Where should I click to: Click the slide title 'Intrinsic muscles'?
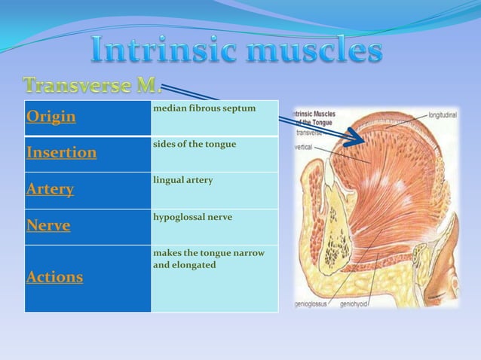[236, 51]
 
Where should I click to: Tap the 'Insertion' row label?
[61, 153]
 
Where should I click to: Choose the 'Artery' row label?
[50, 189]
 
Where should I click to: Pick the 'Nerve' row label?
[48, 225]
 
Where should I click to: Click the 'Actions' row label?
[54, 277]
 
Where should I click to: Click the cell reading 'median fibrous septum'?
[204, 109]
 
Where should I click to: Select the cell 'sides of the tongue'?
[195, 145]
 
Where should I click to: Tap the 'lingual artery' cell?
[182, 181]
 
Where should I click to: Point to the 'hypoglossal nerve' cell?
[192, 217]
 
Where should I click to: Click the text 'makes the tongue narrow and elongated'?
[208, 259]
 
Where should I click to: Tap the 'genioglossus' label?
[312, 305]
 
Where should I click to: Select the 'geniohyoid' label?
[355, 305]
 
